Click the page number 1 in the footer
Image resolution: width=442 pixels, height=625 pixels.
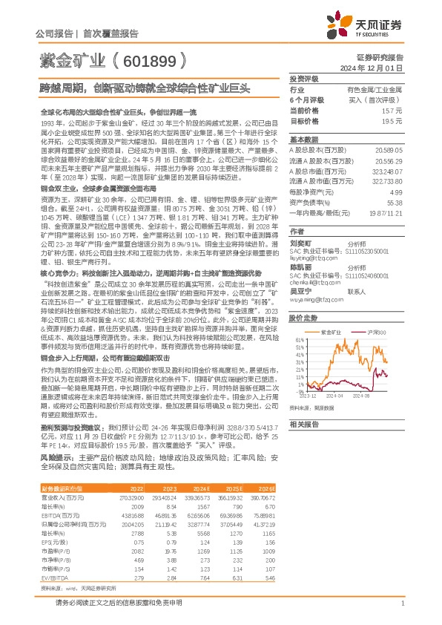[400, 603]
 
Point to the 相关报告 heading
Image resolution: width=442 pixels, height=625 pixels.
[303, 424]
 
